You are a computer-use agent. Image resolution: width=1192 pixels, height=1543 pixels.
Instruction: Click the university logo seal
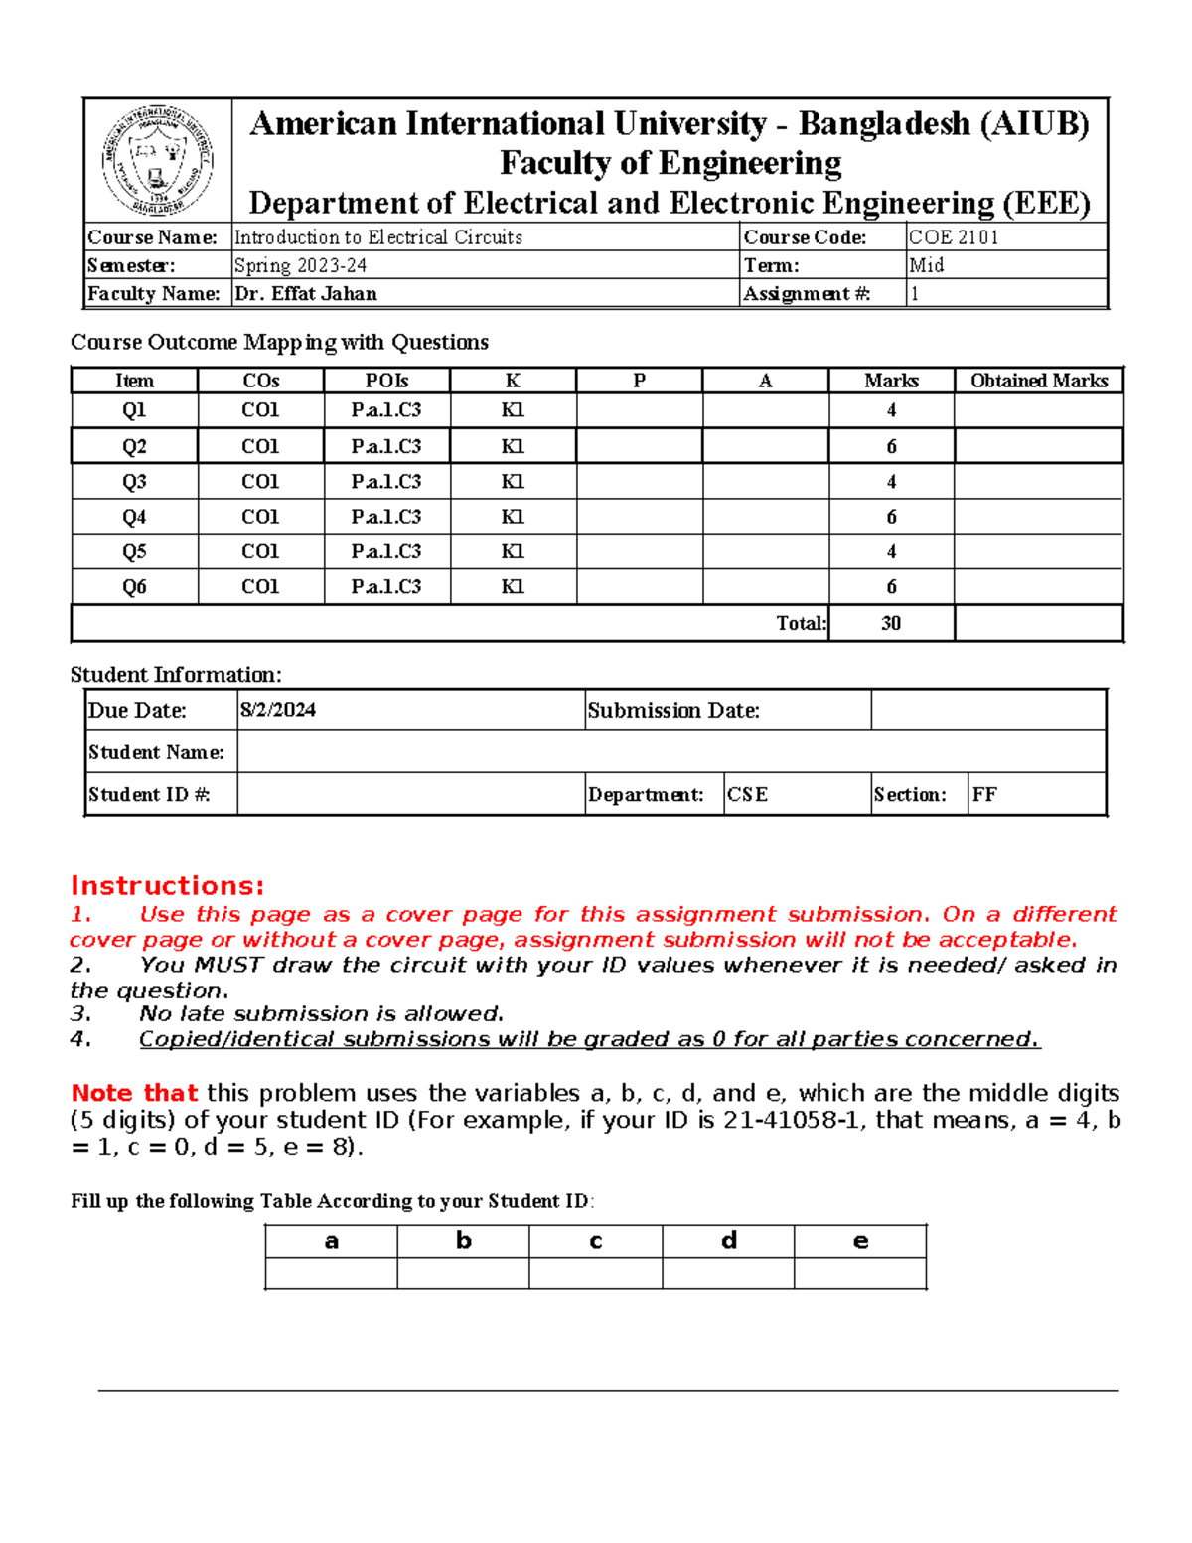[x=157, y=160]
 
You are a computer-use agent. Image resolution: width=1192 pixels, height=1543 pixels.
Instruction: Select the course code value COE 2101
[x=954, y=237]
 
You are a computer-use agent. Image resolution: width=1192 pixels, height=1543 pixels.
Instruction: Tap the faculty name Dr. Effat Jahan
[x=306, y=294]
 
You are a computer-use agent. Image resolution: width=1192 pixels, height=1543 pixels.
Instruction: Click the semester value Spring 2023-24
[x=300, y=265]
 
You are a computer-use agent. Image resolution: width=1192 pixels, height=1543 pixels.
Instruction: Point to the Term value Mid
[x=927, y=265]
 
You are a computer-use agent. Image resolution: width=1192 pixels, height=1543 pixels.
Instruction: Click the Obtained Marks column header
[x=1038, y=381]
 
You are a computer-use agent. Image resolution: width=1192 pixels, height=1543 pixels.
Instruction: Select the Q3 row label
[x=134, y=482]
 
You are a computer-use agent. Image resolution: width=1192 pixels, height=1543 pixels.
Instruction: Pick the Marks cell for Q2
[x=891, y=447]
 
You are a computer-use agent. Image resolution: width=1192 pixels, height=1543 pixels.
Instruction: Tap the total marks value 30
[x=891, y=623]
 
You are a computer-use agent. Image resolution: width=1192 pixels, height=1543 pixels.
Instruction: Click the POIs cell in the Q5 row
[x=386, y=551]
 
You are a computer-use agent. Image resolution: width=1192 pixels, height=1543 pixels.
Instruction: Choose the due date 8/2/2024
[x=278, y=710]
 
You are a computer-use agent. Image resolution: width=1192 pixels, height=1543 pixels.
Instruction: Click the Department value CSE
[x=748, y=795]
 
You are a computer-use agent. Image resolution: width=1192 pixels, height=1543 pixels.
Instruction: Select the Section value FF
[x=984, y=795]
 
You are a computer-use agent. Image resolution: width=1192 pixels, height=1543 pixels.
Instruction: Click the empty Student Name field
[x=670, y=752]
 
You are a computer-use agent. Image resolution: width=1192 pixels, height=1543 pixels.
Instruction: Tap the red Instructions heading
[x=168, y=886]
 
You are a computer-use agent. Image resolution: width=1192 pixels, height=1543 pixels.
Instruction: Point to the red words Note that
[x=134, y=1093]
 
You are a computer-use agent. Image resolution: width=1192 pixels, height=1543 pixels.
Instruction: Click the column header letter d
[x=728, y=1241]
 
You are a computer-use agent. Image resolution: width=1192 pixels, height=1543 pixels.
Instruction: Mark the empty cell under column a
[x=331, y=1273]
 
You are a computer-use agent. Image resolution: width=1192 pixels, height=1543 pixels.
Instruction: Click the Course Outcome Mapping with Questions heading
[x=279, y=343]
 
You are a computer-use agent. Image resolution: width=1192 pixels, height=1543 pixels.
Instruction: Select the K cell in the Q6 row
[x=513, y=587]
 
